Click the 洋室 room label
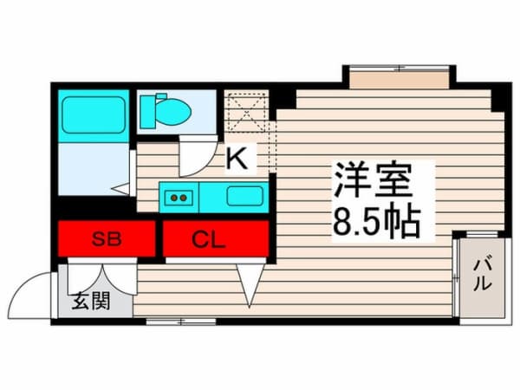(x=373, y=182)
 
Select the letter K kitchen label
(x=237, y=159)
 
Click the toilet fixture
(x=166, y=110)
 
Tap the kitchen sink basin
(x=244, y=195)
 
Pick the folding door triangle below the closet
(x=250, y=283)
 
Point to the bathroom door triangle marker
(x=121, y=187)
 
